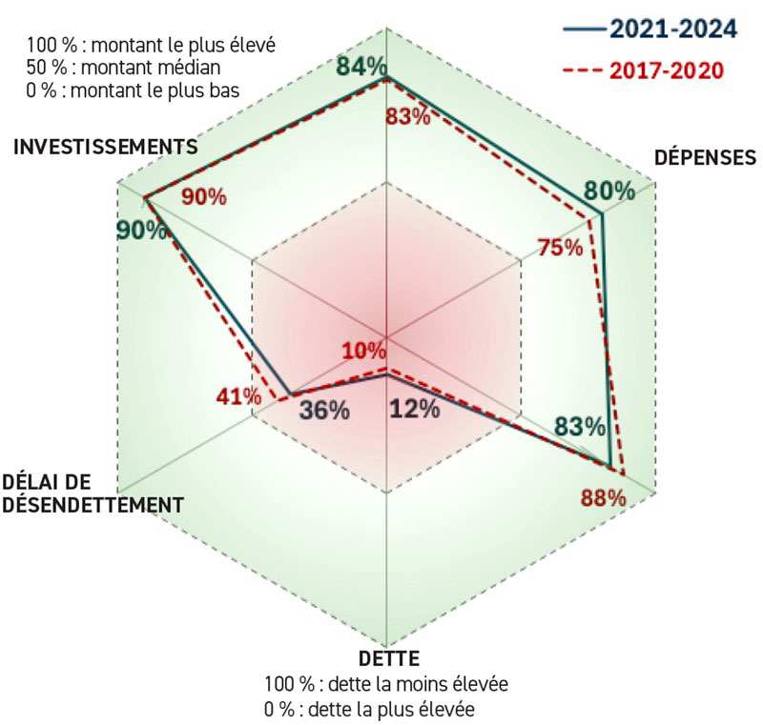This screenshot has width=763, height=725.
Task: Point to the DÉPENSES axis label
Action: point(704,157)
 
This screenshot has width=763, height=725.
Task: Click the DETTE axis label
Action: point(388,658)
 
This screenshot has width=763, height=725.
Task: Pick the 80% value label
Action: point(609,191)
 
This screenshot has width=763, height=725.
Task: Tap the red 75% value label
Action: point(559,248)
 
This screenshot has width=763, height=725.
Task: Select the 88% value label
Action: point(603,497)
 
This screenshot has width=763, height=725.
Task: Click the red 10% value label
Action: point(363,350)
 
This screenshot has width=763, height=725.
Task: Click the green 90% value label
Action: point(139,231)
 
